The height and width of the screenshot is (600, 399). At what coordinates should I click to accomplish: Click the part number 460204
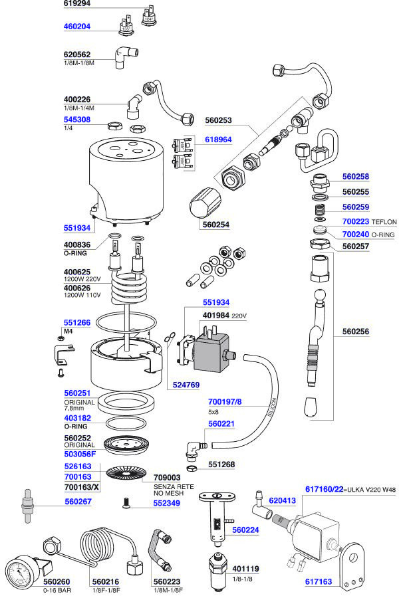click(x=77, y=27)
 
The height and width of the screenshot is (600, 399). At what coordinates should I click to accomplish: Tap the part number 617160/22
click(x=324, y=489)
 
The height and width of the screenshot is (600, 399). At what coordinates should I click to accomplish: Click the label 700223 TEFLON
click(x=369, y=221)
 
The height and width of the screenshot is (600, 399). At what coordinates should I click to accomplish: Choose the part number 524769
click(x=186, y=385)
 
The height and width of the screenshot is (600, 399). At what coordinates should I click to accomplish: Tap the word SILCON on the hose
click(x=271, y=407)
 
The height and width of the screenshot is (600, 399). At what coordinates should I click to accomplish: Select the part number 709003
click(x=167, y=478)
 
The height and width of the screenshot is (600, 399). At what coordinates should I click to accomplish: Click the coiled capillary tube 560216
click(x=110, y=550)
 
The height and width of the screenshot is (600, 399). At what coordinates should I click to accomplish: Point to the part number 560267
click(x=78, y=501)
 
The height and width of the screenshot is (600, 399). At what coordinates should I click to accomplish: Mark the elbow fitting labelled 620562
click(x=125, y=57)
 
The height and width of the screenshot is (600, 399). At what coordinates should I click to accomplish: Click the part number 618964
click(x=218, y=140)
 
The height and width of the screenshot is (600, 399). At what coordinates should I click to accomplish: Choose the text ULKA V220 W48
click(x=372, y=490)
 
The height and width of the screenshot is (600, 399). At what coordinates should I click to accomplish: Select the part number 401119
click(x=245, y=569)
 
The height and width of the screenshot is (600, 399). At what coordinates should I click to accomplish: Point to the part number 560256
click(x=356, y=332)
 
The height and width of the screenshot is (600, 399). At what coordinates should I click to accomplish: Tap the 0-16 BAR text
click(x=57, y=590)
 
